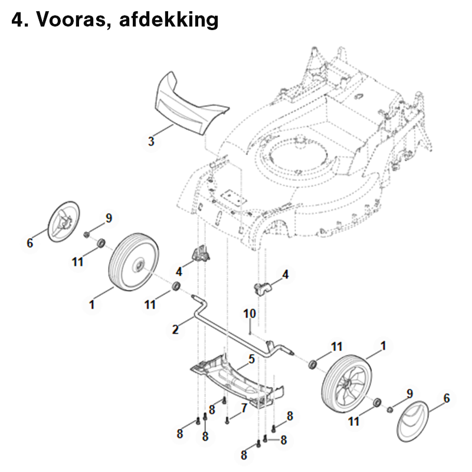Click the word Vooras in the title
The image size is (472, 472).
(71, 20)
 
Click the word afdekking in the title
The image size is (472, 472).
(169, 20)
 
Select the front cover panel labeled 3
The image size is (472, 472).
(191, 106)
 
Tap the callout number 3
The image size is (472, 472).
(151, 141)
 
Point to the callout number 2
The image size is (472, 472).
(176, 329)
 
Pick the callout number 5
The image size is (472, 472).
(251, 359)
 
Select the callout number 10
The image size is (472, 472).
(250, 314)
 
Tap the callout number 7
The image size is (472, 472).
(244, 408)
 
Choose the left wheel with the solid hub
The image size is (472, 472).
(133, 262)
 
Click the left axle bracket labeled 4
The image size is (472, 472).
(200, 254)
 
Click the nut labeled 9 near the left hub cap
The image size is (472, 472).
(86, 234)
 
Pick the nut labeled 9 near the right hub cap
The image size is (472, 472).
(390, 409)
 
